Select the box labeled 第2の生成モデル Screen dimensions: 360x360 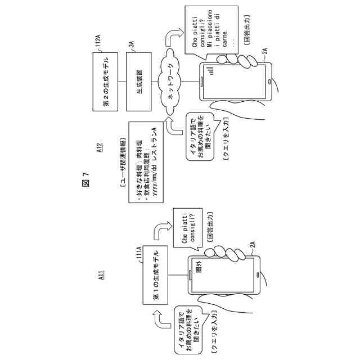106,83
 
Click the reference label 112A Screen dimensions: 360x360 96,46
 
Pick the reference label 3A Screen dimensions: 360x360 130,46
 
